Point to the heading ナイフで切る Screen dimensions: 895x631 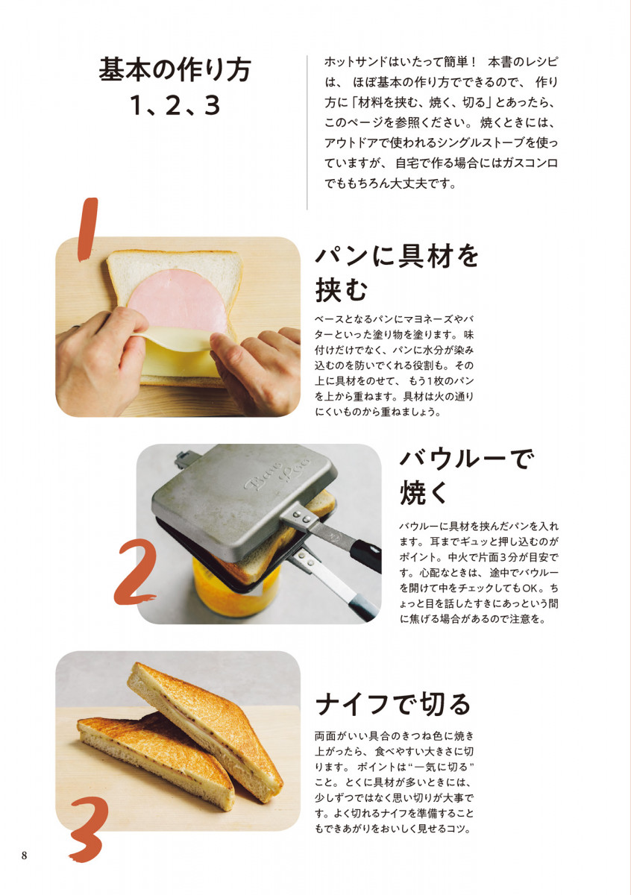[x=393, y=703]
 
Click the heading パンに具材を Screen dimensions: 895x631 [x=397, y=256]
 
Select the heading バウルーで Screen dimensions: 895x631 [x=468, y=458]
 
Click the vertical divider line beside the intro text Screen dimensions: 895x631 [x=307, y=131]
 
